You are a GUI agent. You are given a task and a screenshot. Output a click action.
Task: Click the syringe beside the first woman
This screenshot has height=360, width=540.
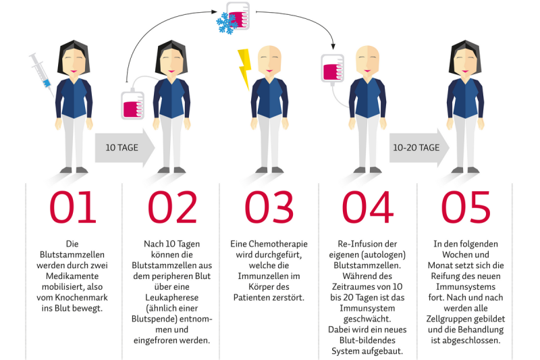40,72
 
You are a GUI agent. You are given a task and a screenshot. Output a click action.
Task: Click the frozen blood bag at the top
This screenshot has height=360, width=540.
238,16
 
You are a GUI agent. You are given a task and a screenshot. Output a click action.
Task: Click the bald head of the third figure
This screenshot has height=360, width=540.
270,57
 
